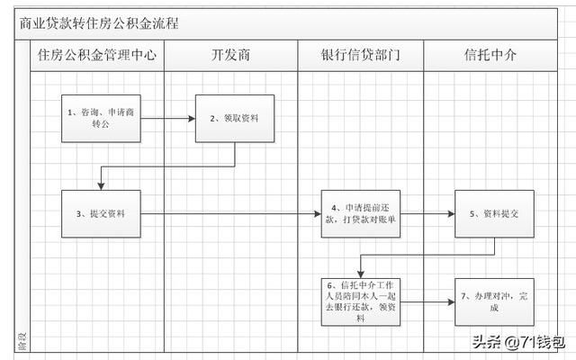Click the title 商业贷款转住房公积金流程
99,23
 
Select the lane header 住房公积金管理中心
97,55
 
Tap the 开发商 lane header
230,55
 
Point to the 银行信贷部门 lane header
360,55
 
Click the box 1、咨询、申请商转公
102,118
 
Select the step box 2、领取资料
235,118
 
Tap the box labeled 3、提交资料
102,214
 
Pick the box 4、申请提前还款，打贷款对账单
361,214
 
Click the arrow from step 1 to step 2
168,118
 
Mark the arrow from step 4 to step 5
427,214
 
